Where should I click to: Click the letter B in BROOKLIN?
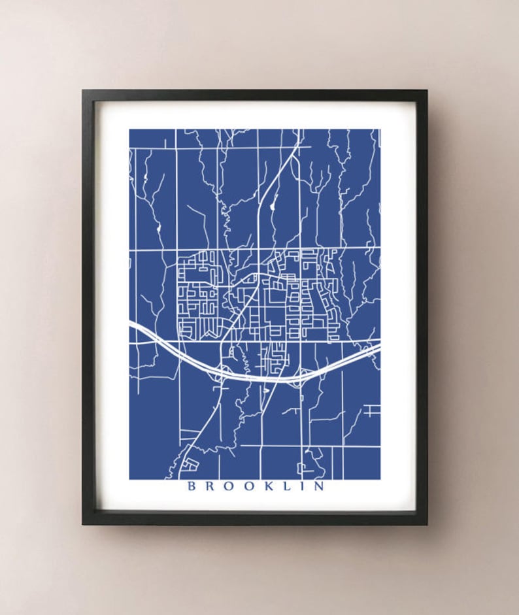(191, 486)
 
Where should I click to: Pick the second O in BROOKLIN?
(247, 486)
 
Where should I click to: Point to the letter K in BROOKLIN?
(267, 486)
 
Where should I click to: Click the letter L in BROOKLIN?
(285, 486)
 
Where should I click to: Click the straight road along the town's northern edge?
(255, 249)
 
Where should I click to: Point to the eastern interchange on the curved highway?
(298, 376)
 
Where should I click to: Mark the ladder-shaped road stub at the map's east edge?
(371, 410)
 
